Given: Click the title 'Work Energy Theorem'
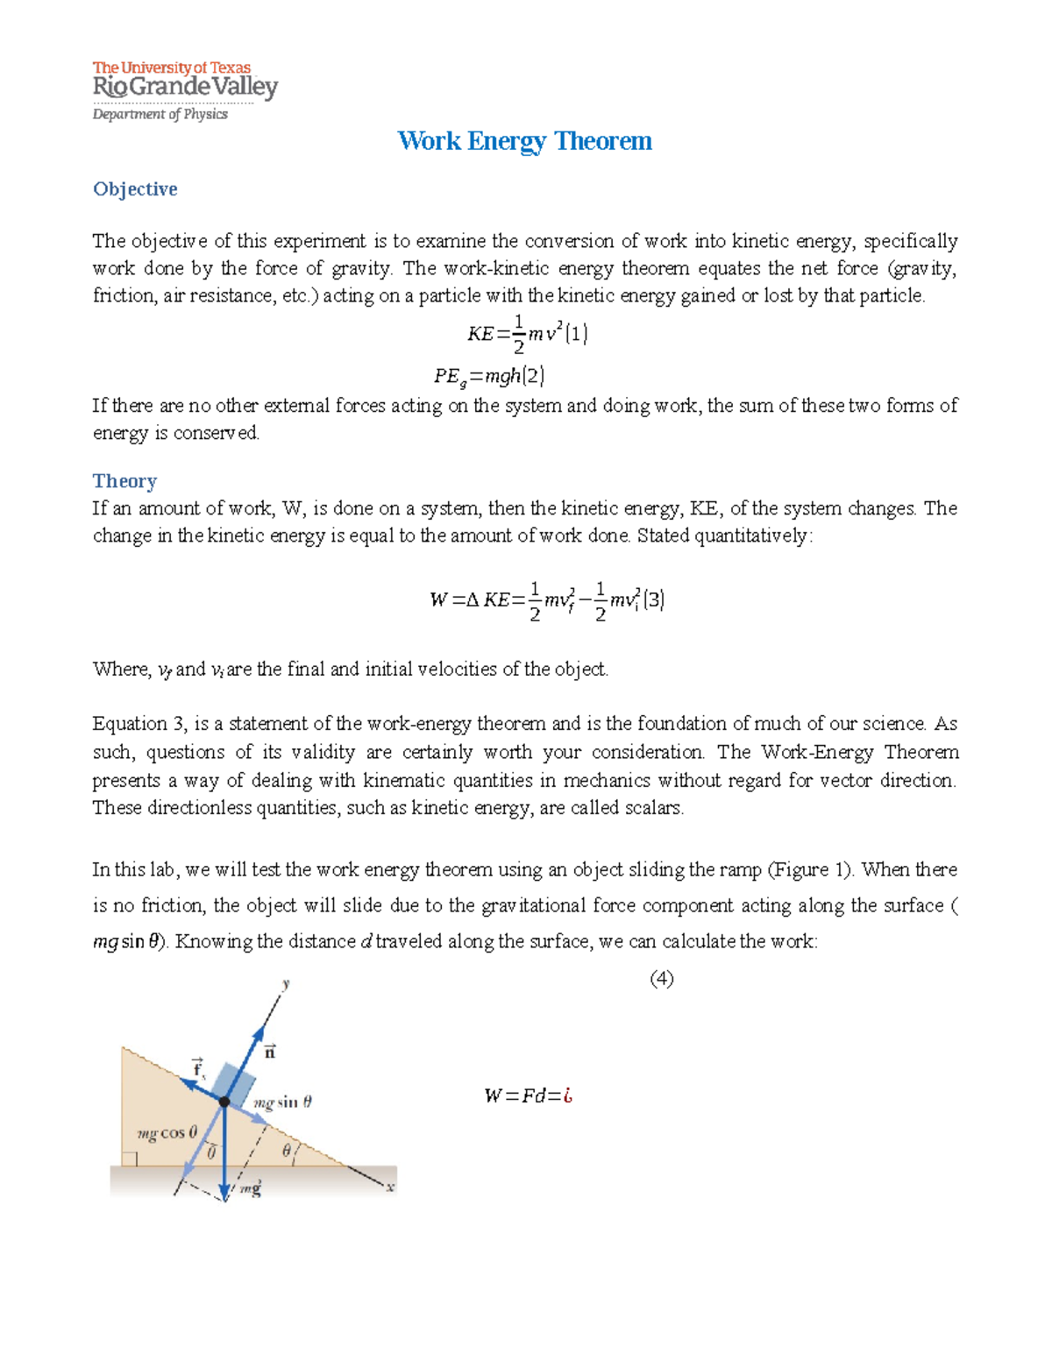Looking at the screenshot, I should click(524, 141).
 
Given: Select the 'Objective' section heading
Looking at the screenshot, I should click(135, 189).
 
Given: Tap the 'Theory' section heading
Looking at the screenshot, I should click(124, 481).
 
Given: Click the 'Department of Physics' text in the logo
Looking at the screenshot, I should click(160, 114).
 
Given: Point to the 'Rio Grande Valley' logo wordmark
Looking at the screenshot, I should click(185, 88).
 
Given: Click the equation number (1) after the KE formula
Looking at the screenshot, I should click(576, 334).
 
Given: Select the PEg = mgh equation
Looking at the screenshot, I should click(488, 377).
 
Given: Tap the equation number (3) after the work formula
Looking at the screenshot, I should click(653, 600).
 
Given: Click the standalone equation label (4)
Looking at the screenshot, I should click(661, 979).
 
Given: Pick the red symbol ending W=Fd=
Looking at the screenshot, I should click(568, 1095).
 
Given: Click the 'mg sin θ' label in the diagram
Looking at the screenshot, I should click(283, 1102).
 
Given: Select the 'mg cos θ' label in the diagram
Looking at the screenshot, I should click(167, 1132).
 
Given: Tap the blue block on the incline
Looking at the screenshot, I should click(232, 1083).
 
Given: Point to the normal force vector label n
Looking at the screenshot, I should click(270, 1052).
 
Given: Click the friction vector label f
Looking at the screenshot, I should click(198, 1068).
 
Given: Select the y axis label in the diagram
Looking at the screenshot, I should click(286, 984).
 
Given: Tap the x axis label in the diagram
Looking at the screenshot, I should click(390, 1187).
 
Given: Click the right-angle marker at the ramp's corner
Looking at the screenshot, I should click(129, 1159).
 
